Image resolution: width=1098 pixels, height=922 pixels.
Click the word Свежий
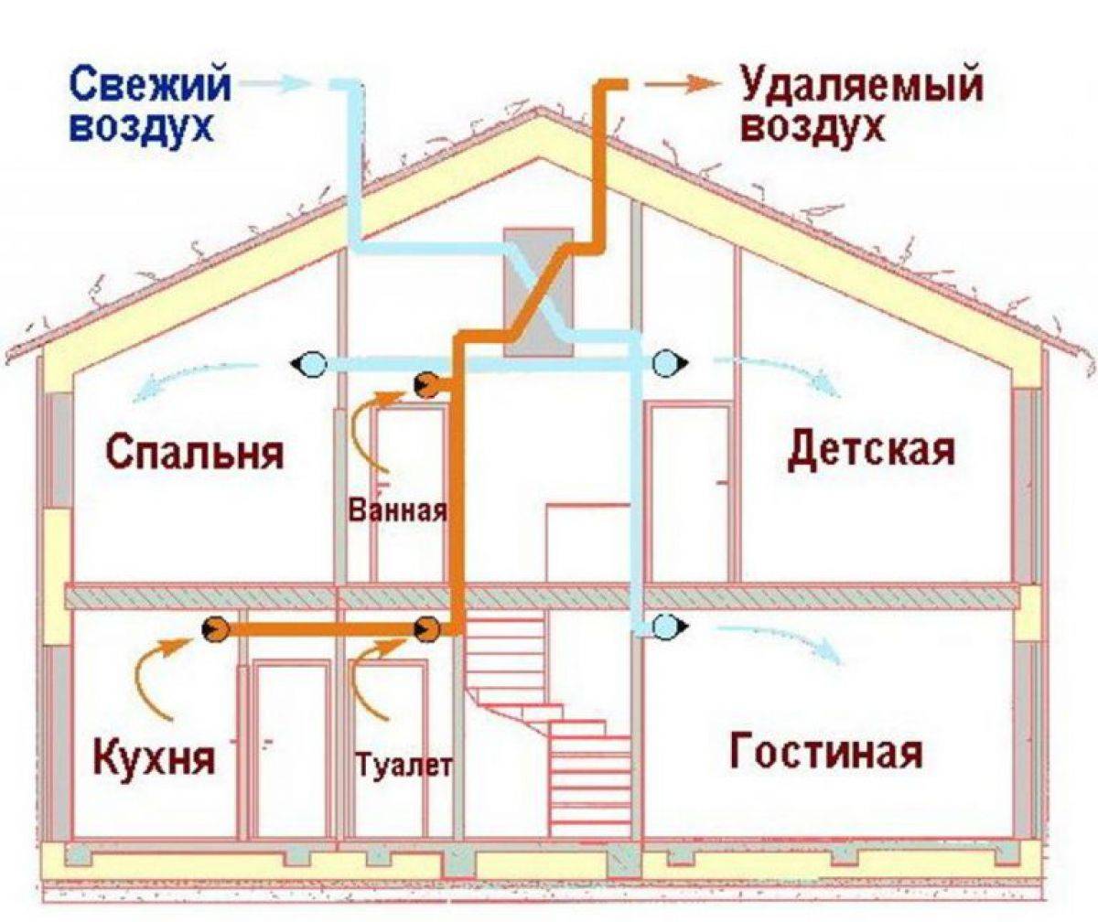click(x=151, y=86)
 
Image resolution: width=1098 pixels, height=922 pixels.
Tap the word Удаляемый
click(x=861, y=87)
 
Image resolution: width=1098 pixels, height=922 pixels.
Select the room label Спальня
click(x=196, y=452)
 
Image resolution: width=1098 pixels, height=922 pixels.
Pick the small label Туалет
click(x=404, y=766)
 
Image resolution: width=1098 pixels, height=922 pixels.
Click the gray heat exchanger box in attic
click(x=538, y=293)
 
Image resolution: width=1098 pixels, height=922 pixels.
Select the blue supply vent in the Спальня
click(x=309, y=363)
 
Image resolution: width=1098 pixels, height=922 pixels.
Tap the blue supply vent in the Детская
click(x=669, y=362)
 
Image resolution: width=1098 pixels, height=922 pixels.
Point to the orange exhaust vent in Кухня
click(x=215, y=628)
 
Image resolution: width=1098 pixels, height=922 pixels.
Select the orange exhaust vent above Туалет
click(x=427, y=628)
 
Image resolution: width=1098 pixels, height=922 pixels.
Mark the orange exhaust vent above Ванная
click(x=427, y=385)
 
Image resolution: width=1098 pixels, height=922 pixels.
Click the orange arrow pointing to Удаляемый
click(x=682, y=86)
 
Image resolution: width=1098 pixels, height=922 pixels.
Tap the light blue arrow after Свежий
click(x=274, y=83)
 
